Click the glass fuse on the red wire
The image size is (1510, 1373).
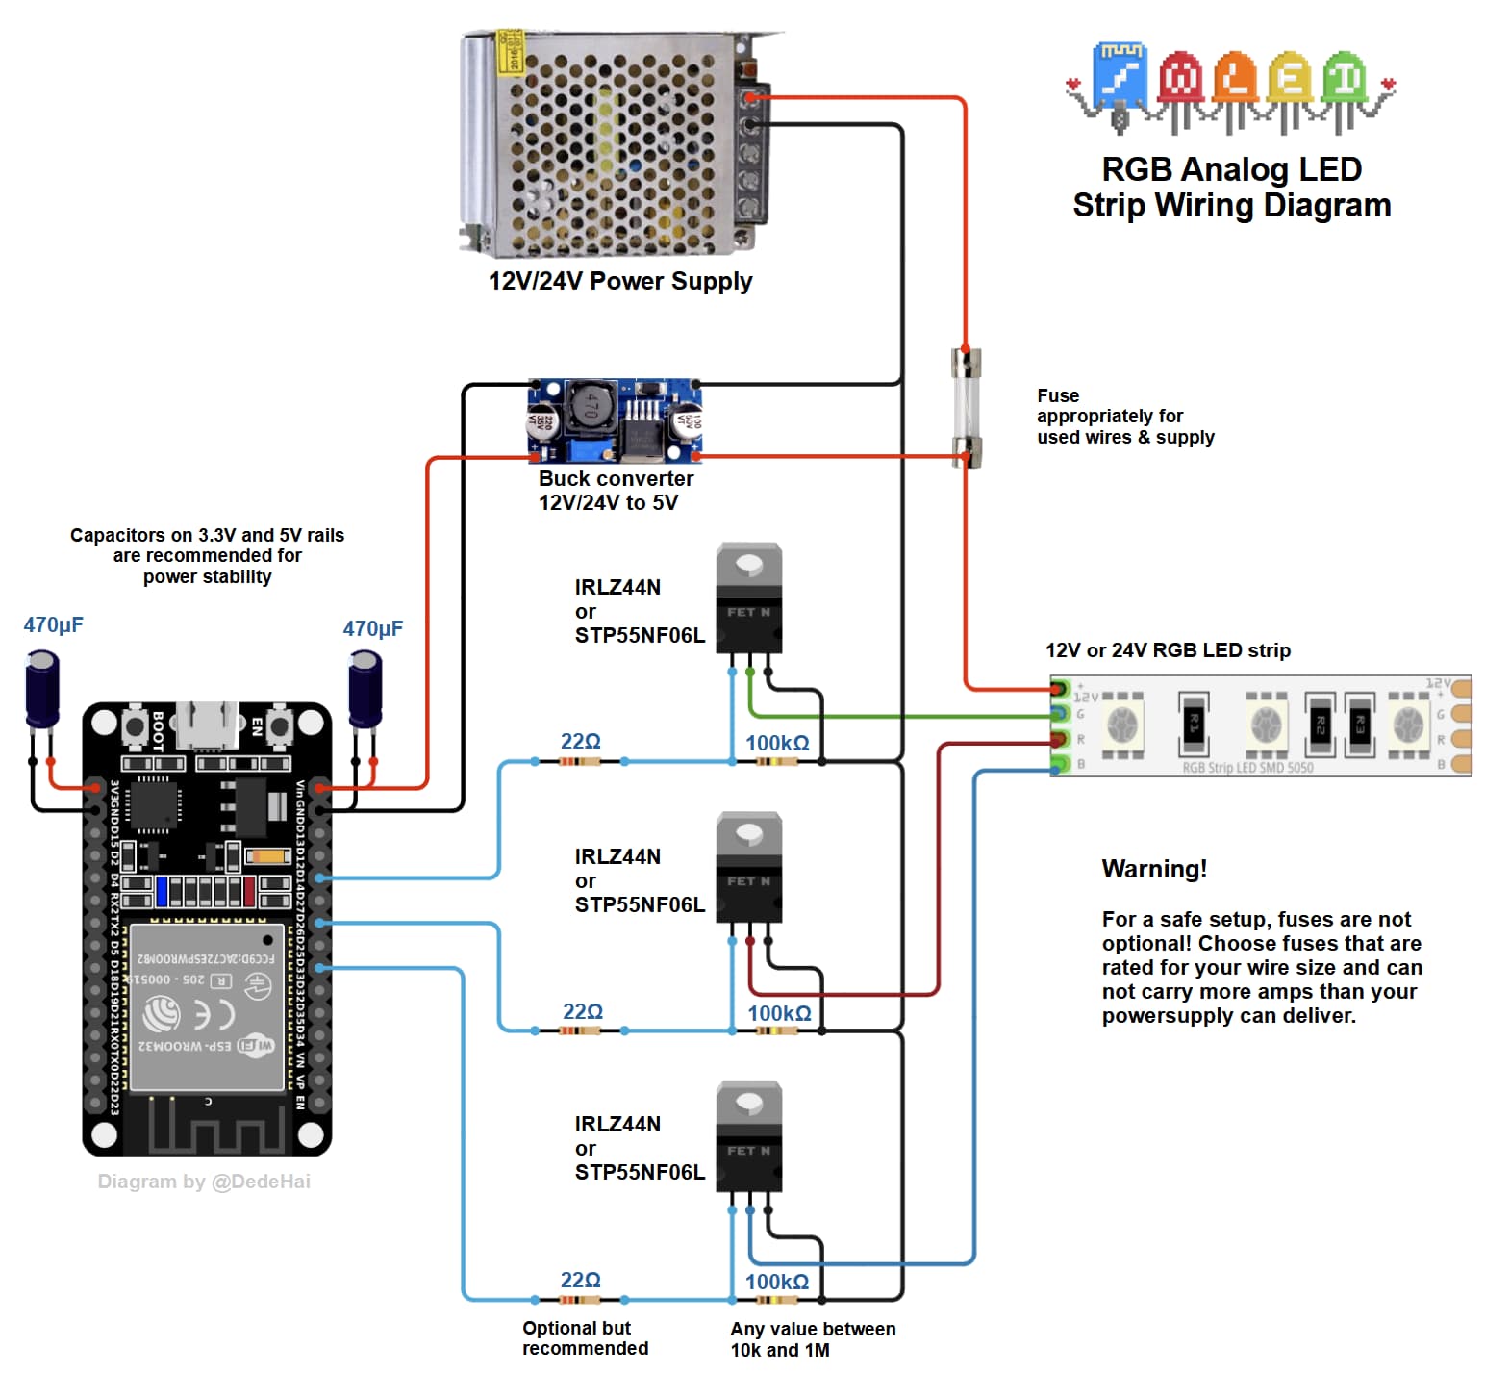pos(966,408)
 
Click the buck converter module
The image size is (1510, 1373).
pos(615,420)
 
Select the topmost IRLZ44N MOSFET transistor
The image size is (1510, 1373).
pos(749,599)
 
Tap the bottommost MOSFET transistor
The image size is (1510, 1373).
pos(749,1137)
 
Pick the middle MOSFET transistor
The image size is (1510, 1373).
pos(749,868)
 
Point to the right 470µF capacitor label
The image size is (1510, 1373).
pos(372,628)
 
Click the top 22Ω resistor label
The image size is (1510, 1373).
pos(580,741)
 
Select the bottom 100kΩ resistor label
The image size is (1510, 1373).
pos(777,1282)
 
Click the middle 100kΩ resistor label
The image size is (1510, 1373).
pos(779,1013)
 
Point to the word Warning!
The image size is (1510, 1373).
pos(1154,869)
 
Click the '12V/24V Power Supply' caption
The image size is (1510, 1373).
pos(620,281)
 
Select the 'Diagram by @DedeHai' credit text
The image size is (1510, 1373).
pos(204,1182)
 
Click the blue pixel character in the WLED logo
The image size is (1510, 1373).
pos(1120,77)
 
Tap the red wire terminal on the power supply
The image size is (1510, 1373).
pos(750,97)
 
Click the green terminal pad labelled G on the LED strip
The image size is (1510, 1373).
pos(1060,714)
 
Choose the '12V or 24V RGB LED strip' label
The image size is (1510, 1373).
pos(1168,650)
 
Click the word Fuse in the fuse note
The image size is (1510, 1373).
pos(1058,395)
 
